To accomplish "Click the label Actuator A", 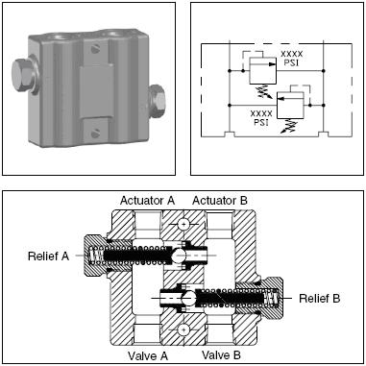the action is pyautogui.click(x=147, y=201).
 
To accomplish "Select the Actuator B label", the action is pyautogui.click(x=220, y=201).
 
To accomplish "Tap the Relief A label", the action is pyautogui.click(x=48, y=256).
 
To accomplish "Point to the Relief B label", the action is pyautogui.click(x=319, y=299).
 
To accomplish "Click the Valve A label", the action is pyautogui.click(x=148, y=355).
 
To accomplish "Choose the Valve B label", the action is pyautogui.click(x=221, y=354).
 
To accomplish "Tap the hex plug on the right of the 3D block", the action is pyautogui.click(x=158, y=101).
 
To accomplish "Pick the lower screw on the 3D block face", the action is pyautogui.click(x=96, y=134).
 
